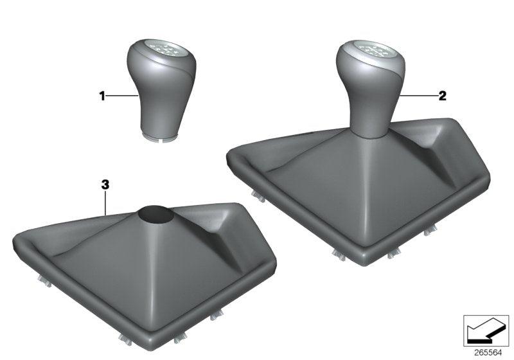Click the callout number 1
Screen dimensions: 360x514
102,96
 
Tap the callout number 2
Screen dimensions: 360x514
442,96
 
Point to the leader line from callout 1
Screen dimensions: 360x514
121,96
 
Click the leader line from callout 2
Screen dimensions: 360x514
417,96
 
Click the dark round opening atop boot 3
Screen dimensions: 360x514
156,213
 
